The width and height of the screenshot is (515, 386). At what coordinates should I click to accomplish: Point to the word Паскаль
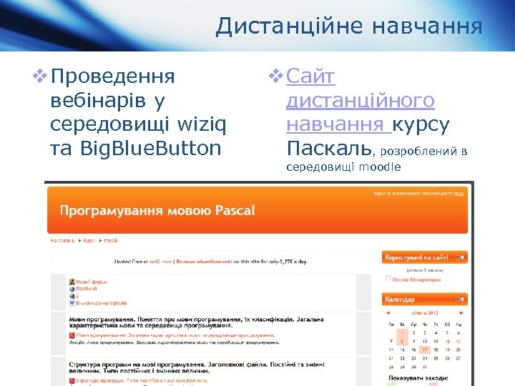(x=328, y=149)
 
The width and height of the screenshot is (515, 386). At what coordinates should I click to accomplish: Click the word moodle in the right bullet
(x=380, y=168)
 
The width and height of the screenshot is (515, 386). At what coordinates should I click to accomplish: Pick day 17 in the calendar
(x=425, y=350)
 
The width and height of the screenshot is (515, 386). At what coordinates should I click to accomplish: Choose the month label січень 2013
(x=425, y=312)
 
